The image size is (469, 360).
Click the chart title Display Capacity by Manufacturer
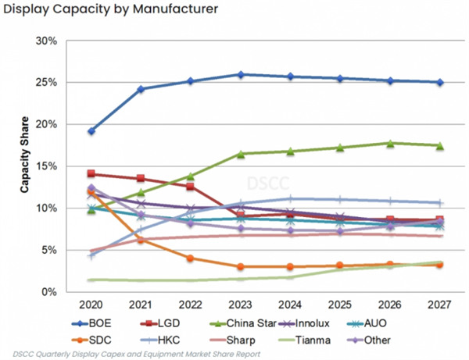click(x=109, y=11)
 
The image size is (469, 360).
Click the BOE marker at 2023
click(x=241, y=74)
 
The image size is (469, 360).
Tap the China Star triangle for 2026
click(x=390, y=143)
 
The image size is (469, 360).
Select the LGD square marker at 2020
click(x=91, y=174)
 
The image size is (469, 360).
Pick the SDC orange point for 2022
click(x=191, y=258)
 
